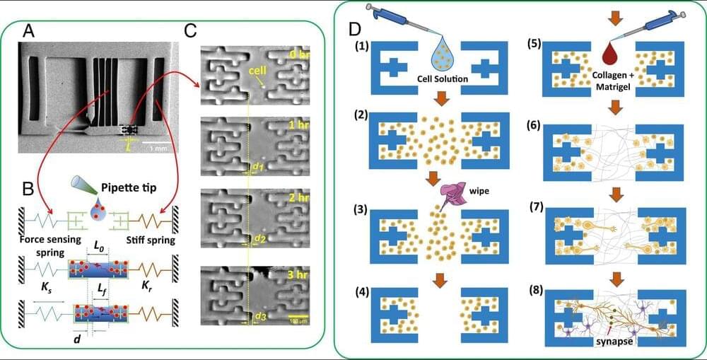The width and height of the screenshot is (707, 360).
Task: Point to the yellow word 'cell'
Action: [x=256, y=71]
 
